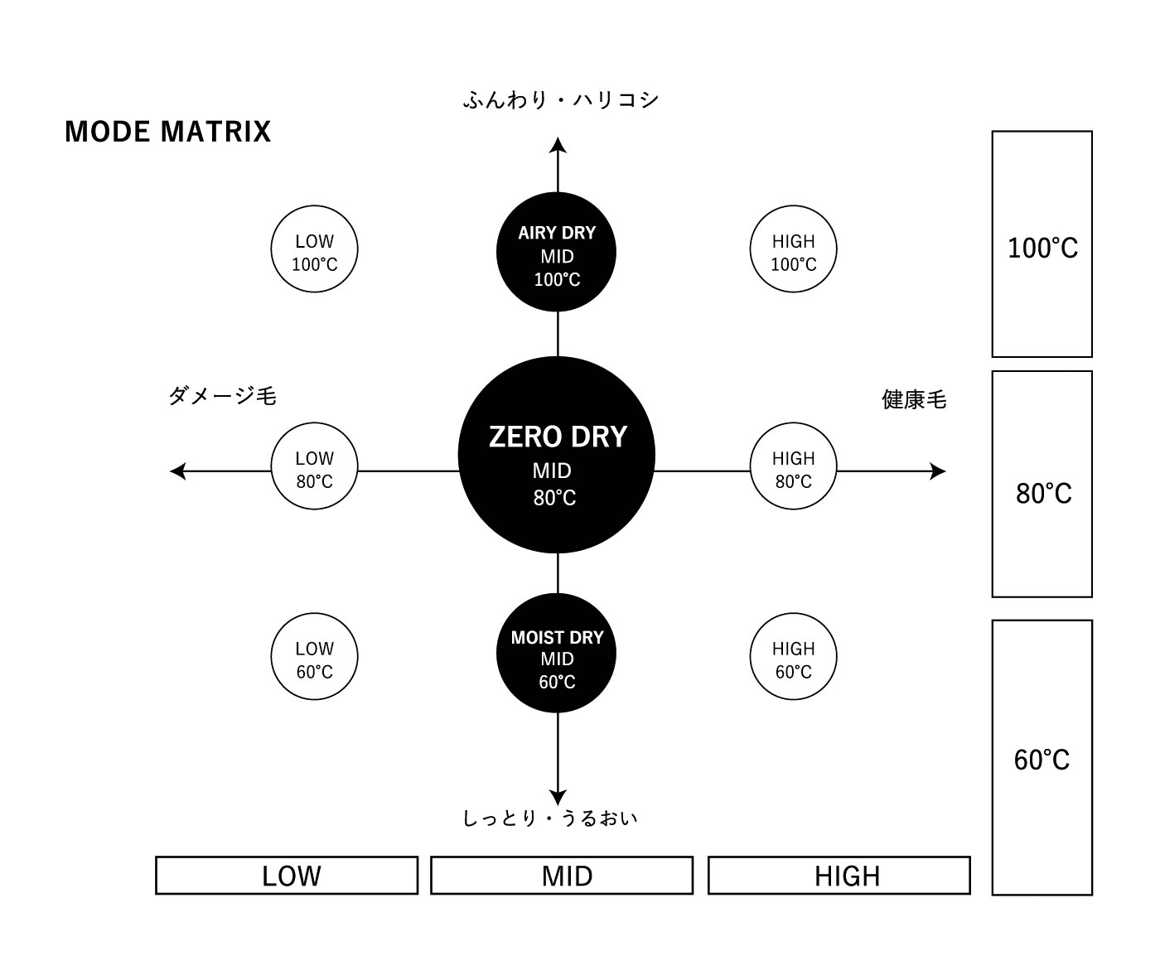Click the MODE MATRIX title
[x=167, y=133]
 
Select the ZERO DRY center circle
[x=557, y=455]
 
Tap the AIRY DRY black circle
[x=556, y=252]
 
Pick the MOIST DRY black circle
[x=556, y=653]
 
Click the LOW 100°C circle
[x=315, y=249]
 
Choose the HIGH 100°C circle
[x=793, y=249]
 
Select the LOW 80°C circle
[x=315, y=466]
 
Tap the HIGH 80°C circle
[x=793, y=466]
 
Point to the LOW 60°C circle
[x=315, y=657]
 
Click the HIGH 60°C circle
[x=793, y=657]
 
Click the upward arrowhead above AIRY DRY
[x=558, y=145]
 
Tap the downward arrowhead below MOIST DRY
[x=558, y=797]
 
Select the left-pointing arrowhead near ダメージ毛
[x=178, y=471]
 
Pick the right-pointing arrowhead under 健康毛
[x=938, y=471]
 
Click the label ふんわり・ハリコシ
[x=561, y=100]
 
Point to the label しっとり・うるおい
[x=550, y=818]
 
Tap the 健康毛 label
[x=914, y=399]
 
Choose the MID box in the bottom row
[x=562, y=876]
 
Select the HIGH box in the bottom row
[x=839, y=876]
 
